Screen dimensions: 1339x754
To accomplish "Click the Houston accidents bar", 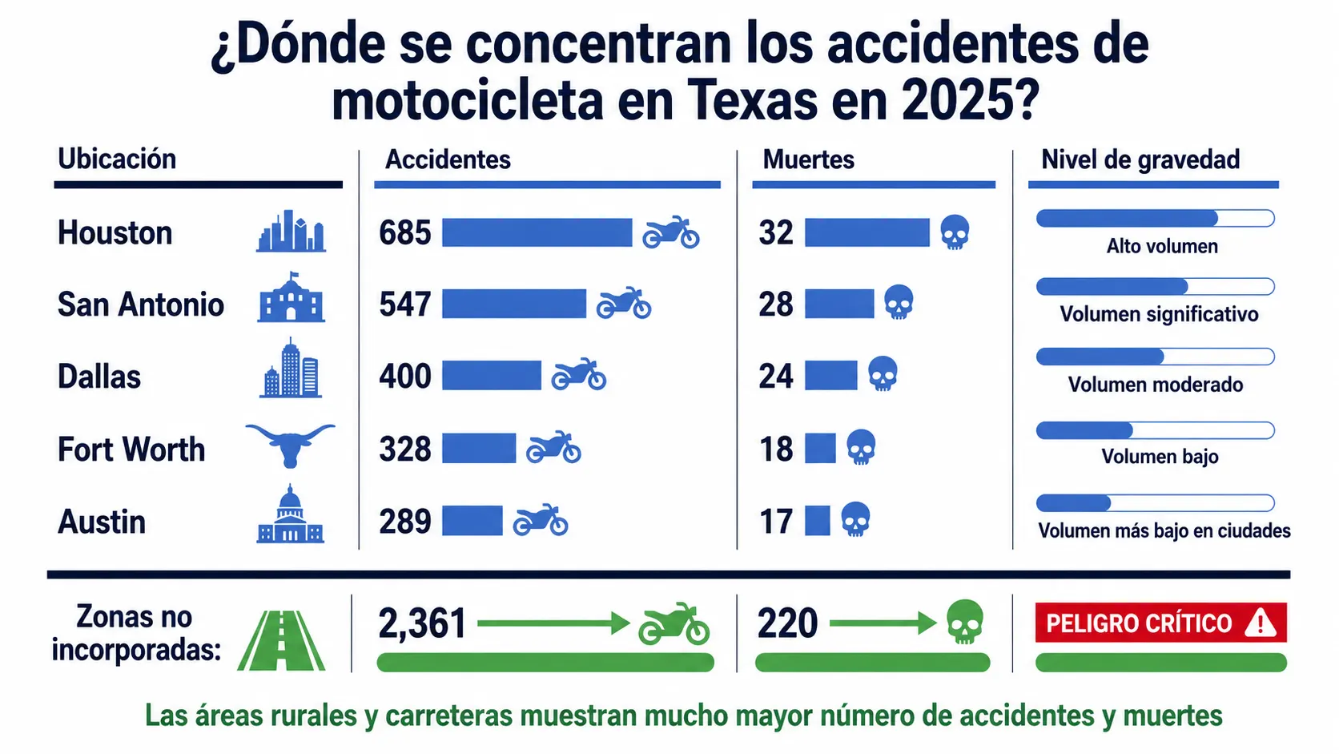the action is point(537,232).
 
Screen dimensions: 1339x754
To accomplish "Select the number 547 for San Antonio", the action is point(404,304).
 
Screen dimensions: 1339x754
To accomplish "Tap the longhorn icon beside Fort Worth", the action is point(291,446).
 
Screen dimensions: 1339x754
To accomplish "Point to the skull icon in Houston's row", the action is point(955,232).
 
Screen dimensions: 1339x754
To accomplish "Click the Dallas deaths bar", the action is point(831,376).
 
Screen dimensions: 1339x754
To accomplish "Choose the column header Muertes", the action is point(808,159).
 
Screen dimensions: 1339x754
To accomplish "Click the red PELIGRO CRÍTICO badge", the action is point(1161,623).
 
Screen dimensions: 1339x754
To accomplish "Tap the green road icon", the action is point(281,639).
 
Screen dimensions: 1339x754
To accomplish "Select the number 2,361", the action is point(422,623).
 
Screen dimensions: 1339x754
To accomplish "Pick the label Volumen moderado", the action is point(1156,385).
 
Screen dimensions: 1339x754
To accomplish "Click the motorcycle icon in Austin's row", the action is point(541,519).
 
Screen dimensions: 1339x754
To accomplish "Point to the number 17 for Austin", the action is point(776,521).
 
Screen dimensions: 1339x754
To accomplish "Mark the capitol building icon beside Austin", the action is point(291,514).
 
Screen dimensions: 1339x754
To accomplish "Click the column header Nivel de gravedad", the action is point(1140,159).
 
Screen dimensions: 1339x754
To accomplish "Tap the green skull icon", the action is point(965,622).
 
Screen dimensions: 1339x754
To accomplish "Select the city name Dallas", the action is point(99,377).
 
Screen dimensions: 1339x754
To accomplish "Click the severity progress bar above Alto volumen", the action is point(1155,218).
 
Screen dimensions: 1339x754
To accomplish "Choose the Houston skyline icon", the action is point(292,231).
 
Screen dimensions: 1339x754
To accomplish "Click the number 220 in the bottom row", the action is point(787,623).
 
